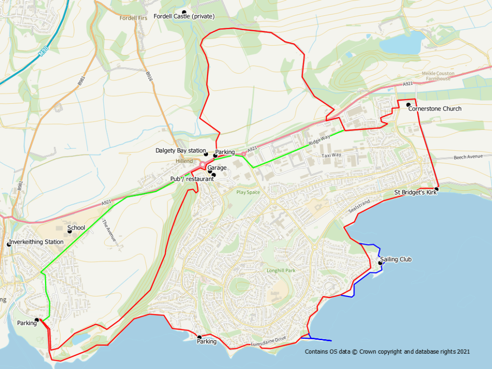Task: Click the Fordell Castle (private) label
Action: [184, 16]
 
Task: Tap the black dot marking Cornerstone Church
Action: [408, 105]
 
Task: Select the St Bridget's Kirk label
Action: [416, 193]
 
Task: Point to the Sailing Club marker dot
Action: [381, 263]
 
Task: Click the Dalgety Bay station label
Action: [181, 150]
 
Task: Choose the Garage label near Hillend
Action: [217, 168]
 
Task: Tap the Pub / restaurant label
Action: [191, 179]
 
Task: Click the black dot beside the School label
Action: [70, 232]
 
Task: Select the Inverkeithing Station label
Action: [37, 242]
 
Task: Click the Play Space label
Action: [248, 192]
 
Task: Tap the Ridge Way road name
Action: [320, 141]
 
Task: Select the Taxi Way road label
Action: [331, 156]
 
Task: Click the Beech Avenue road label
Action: [468, 157]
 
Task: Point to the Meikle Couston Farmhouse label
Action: [436, 76]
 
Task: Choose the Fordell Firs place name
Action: [134, 18]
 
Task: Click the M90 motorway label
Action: [43, 49]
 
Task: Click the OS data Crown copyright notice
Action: [387, 352]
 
